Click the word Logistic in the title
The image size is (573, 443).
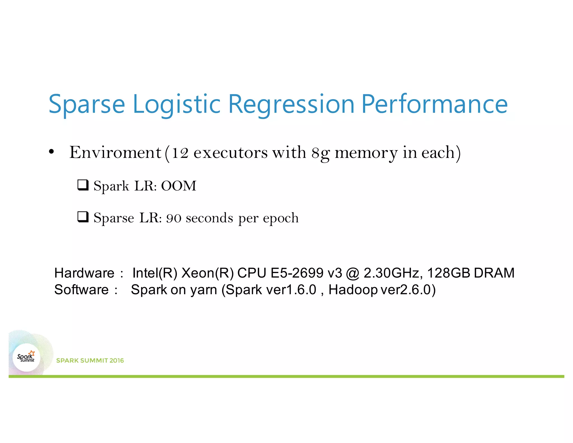click(177, 104)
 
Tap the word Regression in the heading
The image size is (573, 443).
click(291, 104)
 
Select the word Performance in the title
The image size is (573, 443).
click(434, 104)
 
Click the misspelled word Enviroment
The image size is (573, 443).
click(115, 153)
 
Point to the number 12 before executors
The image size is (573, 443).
click(180, 153)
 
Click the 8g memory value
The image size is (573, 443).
click(321, 153)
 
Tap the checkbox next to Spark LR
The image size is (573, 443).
click(83, 185)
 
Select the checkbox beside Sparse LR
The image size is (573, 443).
click(83, 217)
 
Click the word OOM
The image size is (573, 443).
click(179, 186)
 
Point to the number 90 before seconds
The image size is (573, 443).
click(174, 218)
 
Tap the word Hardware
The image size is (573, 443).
click(84, 273)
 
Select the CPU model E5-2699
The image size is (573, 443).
click(297, 273)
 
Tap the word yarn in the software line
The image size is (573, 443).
click(203, 290)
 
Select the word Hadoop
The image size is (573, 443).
click(353, 290)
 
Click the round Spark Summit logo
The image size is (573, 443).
click(26, 358)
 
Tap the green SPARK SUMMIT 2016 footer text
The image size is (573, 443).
click(90, 360)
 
